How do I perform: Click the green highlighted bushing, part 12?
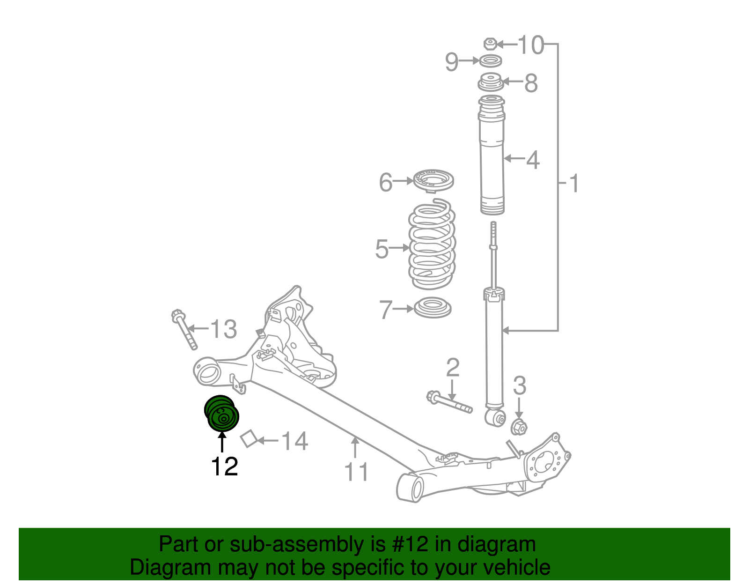[222, 413]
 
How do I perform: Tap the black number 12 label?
[224, 467]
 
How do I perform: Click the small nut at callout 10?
[490, 44]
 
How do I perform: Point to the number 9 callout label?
[452, 61]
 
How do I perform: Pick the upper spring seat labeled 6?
[433, 180]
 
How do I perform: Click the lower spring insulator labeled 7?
[433, 308]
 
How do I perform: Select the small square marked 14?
[249, 438]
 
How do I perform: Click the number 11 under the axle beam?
[356, 472]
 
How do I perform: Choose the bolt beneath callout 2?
[449, 403]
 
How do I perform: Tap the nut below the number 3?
[519, 427]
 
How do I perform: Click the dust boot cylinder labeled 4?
[492, 159]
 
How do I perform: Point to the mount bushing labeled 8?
[490, 83]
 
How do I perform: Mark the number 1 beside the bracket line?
[574, 183]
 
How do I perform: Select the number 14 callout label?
[294, 441]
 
